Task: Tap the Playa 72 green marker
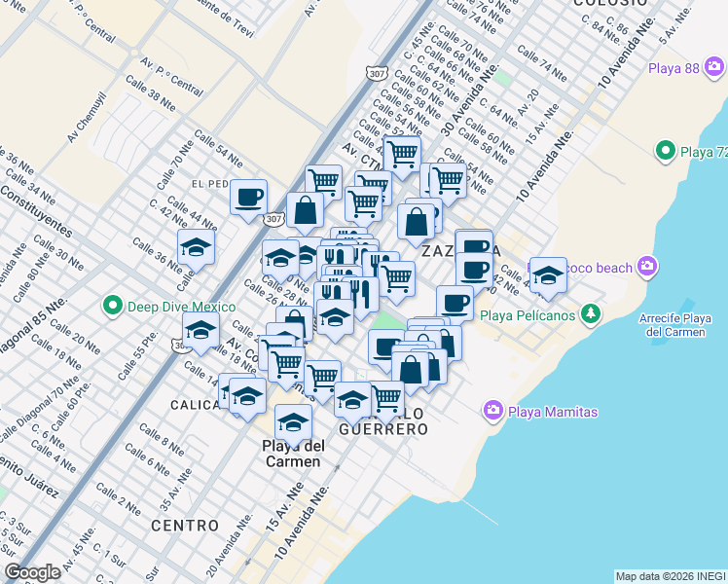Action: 666,151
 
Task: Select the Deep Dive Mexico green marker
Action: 112,307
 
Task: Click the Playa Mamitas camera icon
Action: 493,412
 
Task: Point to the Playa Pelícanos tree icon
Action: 589,313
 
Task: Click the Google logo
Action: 32,572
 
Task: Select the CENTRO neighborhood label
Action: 185,526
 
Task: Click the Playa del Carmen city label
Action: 293,454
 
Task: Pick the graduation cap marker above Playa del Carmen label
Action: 293,421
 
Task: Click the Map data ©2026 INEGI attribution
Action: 671,576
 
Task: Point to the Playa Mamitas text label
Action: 554,412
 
